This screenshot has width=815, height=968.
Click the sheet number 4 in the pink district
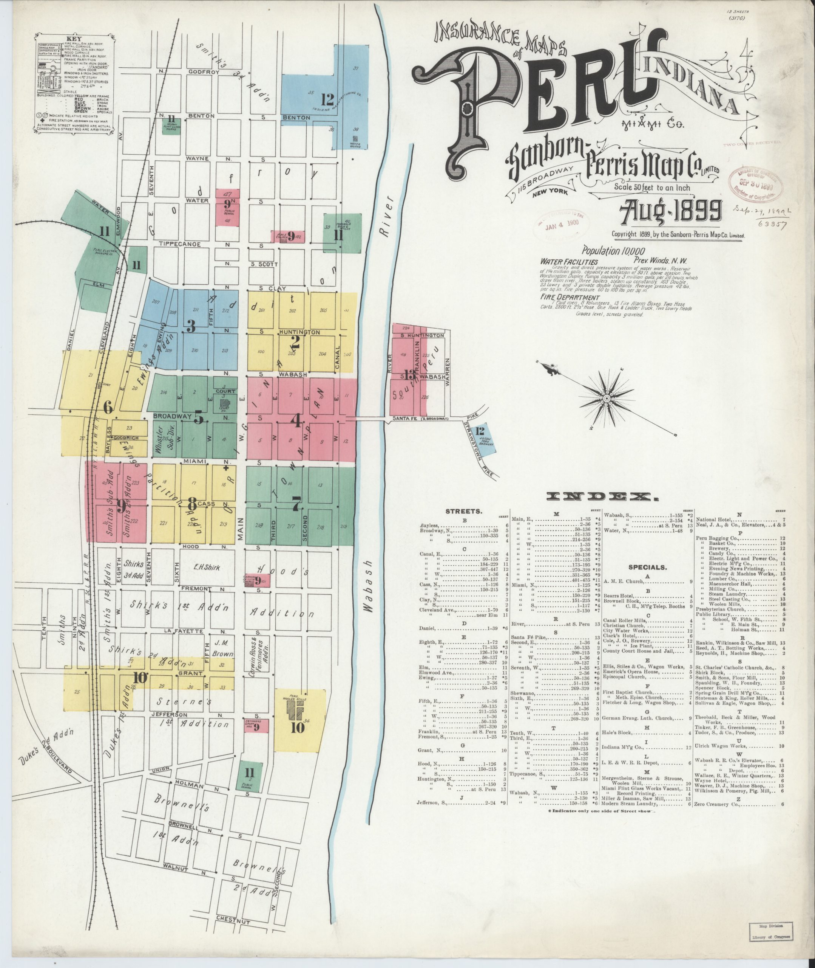coord(296,420)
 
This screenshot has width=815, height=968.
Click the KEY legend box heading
coord(74,39)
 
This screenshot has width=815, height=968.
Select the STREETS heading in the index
coord(463,512)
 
